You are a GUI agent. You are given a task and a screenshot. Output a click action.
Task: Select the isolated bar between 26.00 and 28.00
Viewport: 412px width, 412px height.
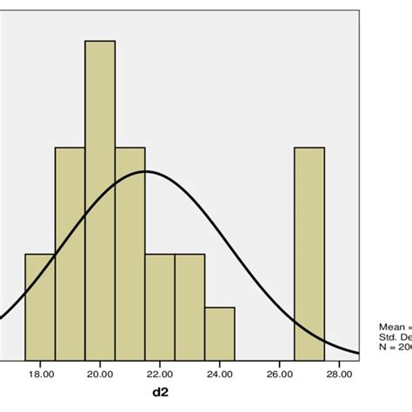(309, 252)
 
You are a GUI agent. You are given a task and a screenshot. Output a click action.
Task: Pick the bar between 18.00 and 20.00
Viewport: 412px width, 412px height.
(70, 252)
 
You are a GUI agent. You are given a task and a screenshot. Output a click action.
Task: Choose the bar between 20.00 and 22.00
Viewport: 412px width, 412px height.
(130, 252)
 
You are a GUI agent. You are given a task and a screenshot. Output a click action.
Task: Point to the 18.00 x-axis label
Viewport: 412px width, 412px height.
(41, 375)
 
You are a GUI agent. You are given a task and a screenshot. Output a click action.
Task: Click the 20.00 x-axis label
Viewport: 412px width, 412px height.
(100, 375)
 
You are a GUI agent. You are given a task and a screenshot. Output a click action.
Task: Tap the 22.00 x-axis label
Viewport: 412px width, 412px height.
(160, 375)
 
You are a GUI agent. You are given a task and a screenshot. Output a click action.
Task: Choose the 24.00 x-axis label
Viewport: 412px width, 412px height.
(220, 375)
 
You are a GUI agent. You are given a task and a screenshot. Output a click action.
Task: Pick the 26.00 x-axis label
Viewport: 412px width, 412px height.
(279, 375)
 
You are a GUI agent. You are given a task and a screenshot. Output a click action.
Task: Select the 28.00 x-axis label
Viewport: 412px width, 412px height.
(339, 375)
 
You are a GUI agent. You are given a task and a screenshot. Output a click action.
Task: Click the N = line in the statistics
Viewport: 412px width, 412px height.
(395, 348)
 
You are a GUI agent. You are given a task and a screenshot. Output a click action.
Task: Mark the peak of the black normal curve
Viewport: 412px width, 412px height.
(144, 171)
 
